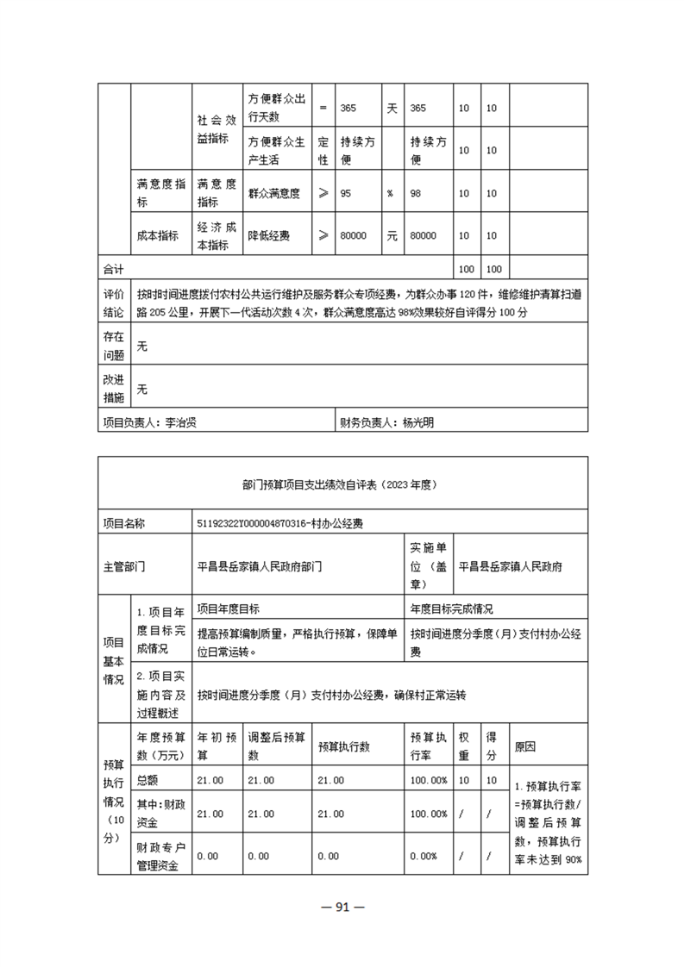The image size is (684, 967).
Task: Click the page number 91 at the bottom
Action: coord(342,906)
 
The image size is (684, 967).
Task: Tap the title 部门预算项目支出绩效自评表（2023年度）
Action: coord(342,484)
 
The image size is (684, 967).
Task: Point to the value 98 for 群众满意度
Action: coord(417,194)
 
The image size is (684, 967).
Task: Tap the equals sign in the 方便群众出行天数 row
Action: coord(323,109)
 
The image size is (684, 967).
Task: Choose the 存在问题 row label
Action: coord(114,345)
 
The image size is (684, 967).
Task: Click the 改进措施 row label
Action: coord(114,389)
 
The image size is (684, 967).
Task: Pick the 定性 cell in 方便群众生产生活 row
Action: coord(323,150)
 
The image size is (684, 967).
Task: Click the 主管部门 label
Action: coord(124,566)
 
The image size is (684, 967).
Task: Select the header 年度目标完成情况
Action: coord(452,608)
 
